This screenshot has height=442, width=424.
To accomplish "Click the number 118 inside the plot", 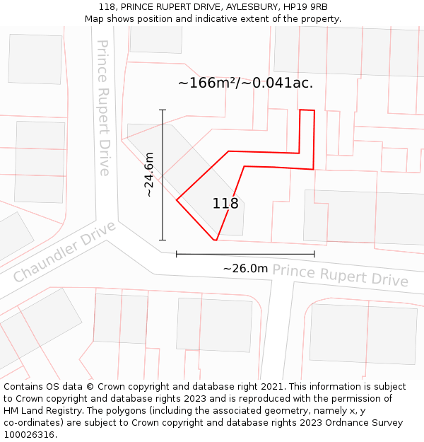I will point(225,204).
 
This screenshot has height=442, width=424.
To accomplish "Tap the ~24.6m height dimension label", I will point(148,175).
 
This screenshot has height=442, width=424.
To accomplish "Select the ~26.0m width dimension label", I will point(245,269).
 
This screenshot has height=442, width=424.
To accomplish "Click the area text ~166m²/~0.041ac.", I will point(245,83).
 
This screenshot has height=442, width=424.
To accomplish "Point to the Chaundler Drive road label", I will point(64,251).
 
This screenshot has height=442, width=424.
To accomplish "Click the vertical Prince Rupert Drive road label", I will point(104,107).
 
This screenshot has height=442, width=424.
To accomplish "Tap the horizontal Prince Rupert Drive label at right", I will point(340,275).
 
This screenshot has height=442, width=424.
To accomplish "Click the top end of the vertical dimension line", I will point(163,110).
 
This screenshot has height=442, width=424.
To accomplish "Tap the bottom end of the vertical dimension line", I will point(163,240).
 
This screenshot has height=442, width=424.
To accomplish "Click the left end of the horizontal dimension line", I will point(177,254).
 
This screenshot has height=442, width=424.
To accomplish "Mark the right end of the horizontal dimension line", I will point(314,254).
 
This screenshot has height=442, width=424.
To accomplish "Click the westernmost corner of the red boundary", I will point(176,200).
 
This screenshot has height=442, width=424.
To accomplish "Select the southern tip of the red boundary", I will point(216,240).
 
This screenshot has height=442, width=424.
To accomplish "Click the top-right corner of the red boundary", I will point(314,110).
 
